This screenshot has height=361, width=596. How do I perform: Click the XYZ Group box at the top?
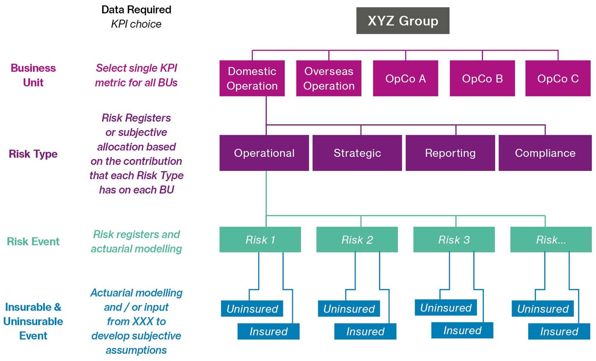402,20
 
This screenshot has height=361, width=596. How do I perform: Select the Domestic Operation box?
252,78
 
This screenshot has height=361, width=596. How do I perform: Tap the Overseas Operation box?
329,78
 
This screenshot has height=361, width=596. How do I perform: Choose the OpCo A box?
406,78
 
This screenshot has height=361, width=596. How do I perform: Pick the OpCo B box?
482,78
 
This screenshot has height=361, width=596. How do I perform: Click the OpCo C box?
558,78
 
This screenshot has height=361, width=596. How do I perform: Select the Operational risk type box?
264,153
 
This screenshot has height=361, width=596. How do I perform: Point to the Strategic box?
357,153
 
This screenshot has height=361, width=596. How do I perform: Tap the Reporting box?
450,153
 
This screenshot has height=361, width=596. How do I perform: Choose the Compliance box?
545,153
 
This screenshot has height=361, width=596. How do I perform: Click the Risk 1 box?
260,239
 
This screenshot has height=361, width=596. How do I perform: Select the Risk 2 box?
357,239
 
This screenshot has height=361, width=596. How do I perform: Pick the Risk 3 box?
454,239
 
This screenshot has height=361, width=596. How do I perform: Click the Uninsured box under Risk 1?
252,308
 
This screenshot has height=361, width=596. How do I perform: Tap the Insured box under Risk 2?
365,331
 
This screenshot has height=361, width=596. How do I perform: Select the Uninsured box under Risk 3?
446,307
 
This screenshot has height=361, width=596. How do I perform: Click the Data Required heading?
136,10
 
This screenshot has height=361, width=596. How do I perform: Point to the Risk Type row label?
33,154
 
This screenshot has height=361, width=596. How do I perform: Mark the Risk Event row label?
33,241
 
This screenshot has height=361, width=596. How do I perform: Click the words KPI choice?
136,24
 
